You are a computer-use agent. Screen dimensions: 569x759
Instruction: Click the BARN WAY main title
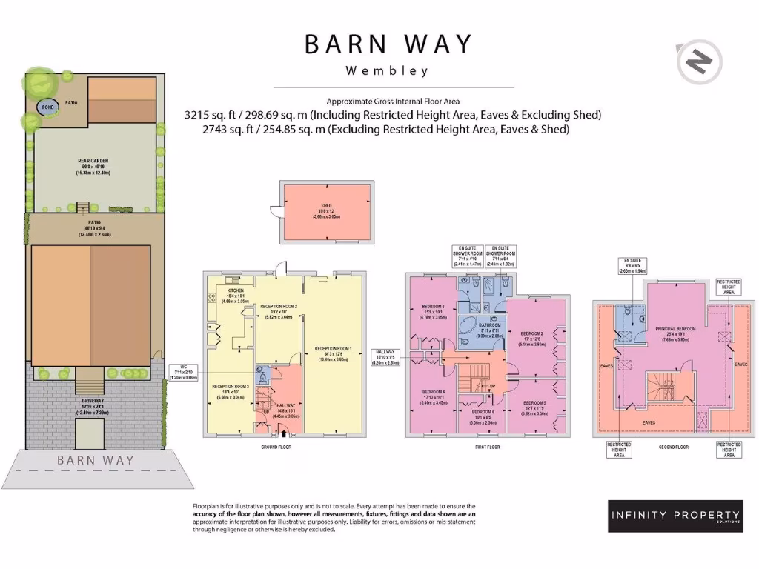[x=388, y=44]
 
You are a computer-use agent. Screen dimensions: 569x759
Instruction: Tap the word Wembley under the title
[x=388, y=72]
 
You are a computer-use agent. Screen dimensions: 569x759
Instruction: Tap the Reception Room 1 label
[x=334, y=352]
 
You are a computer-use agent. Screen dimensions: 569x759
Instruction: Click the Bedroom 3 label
[x=433, y=310]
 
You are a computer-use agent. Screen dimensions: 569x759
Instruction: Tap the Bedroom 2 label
[x=532, y=336]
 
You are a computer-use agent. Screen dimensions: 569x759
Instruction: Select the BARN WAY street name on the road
[x=96, y=460]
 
